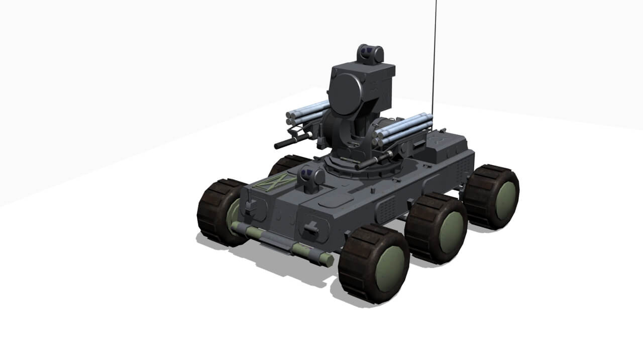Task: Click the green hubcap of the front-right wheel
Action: coord(390,269)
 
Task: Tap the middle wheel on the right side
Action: coord(436,229)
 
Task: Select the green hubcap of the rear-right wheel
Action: coord(505,201)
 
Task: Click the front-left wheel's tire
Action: coord(213,211)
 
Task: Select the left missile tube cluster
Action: coord(307,113)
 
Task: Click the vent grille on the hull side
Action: coord(388,209)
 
